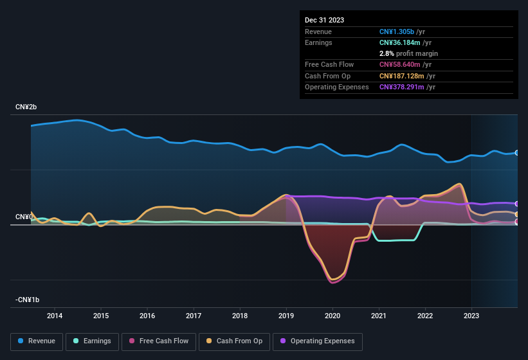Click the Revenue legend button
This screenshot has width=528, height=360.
pyautogui.click(x=37, y=341)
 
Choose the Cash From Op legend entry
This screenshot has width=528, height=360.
pyautogui.click(x=235, y=341)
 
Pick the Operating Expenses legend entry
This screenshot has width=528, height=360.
pyautogui.click(x=318, y=341)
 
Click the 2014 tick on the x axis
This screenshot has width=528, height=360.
pyautogui.click(x=55, y=316)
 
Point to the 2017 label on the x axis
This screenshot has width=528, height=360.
pyautogui.click(x=194, y=316)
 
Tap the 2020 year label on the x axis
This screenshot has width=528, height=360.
pyautogui.click(x=332, y=316)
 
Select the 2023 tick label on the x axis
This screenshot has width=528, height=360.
pyautogui.click(x=471, y=316)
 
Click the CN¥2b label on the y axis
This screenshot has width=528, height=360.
pyautogui.click(x=27, y=107)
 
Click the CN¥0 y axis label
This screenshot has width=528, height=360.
pyautogui.click(x=24, y=217)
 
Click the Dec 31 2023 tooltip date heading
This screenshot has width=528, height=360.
pyautogui.click(x=324, y=20)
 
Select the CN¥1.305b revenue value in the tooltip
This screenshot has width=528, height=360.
pyautogui.click(x=397, y=32)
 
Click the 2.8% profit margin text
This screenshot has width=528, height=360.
pyautogui.click(x=408, y=53)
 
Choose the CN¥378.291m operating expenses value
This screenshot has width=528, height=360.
pyautogui.click(x=402, y=87)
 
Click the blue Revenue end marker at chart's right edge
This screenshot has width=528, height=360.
pyautogui.click(x=517, y=153)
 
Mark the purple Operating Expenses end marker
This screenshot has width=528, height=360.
pyautogui.click(x=517, y=204)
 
